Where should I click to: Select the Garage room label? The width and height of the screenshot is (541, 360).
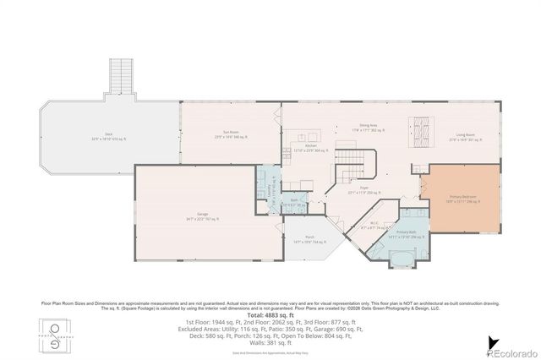tap(203, 216)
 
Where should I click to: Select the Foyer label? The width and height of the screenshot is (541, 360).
tap(364, 189)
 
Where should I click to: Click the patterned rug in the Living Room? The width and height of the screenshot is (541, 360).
tap(421, 129)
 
